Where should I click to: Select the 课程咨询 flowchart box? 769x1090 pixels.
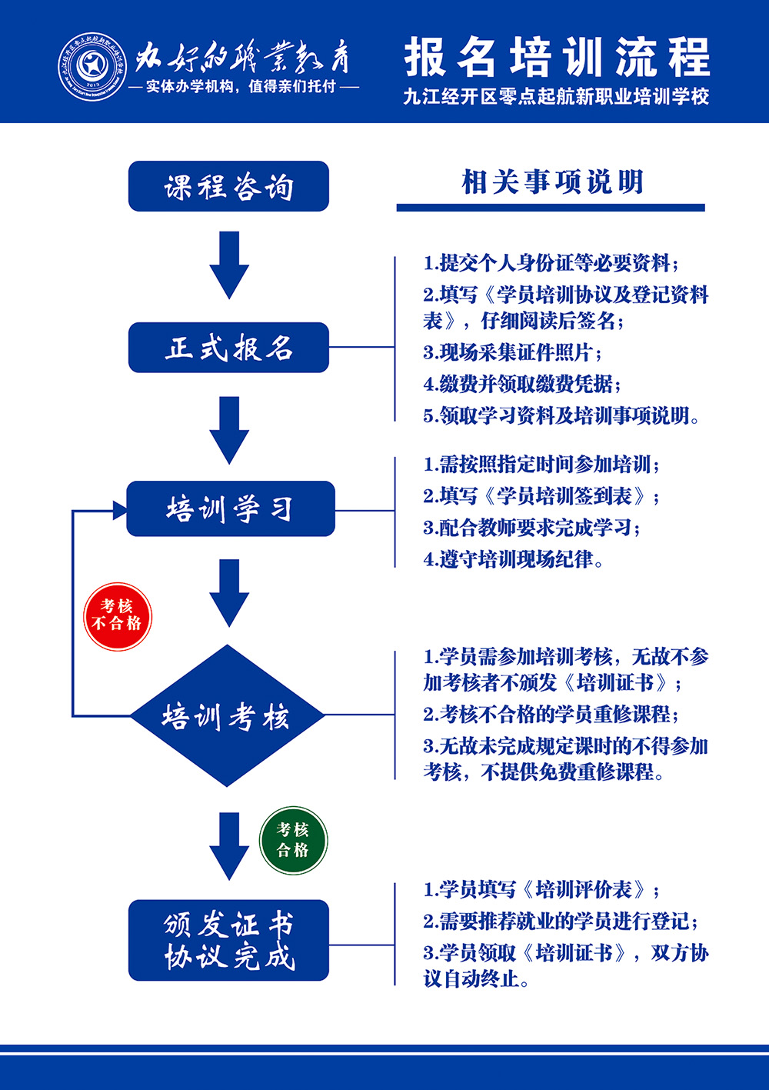(x=228, y=186)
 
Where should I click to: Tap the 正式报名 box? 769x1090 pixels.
(x=228, y=348)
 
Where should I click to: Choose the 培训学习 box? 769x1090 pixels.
(x=230, y=508)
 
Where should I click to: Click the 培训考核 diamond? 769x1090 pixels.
(x=226, y=716)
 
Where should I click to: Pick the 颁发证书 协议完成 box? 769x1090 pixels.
(x=228, y=940)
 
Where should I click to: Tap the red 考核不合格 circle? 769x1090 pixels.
(x=118, y=615)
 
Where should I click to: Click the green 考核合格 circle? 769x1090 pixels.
(x=293, y=840)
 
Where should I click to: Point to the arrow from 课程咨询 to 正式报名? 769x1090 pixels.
(x=229, y=265)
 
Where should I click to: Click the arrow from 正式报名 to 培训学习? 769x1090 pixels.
(x=229, y=429)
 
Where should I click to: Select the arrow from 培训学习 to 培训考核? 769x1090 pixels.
(x=229, y=592)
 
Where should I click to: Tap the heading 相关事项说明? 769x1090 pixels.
(x=551, y=183)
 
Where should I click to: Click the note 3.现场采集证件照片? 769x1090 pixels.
(x=512, y=352)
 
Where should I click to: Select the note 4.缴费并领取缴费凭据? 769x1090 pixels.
(x=522, y=384)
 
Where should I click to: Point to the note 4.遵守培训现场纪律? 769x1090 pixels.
(x=513, y=559)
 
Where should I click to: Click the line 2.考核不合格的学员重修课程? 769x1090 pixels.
(x=551, y=714)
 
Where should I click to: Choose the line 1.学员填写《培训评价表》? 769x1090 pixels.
(x=541, y=890)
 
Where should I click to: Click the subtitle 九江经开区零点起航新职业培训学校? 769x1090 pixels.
(x=556, y=97)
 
